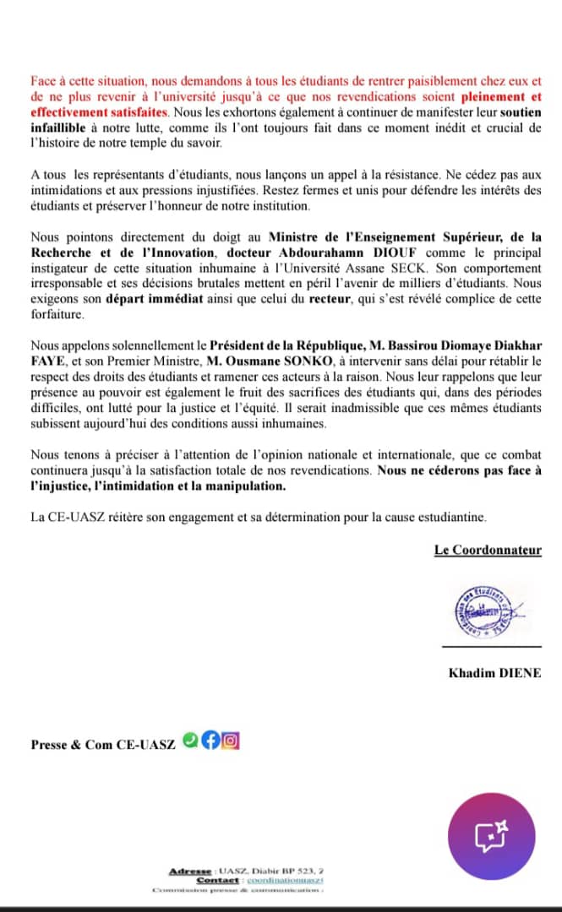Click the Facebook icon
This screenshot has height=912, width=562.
tap(210, 740)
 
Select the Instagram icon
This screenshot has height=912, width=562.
tap(230, 740)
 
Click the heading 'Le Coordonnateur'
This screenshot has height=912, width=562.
tap(488, 551)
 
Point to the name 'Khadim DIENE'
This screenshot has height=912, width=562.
tap(494, 672)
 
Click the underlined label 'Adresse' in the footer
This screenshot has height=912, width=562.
tap(192, 871)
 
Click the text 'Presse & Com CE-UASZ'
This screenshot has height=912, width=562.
tap(103, 744)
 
